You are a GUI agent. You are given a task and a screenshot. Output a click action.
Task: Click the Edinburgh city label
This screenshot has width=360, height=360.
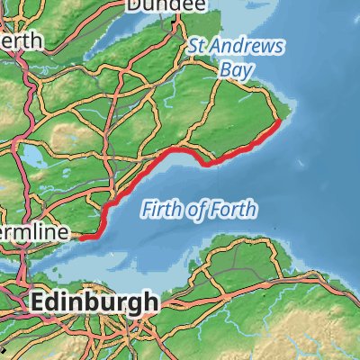94,302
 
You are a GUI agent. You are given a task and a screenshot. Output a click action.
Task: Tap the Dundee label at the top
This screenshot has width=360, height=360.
162,5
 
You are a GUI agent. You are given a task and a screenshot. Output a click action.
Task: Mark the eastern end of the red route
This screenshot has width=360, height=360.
281,120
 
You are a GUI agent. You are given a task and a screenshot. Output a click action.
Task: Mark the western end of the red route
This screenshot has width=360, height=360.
81,238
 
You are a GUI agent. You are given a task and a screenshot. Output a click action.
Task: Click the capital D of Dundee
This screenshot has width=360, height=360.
133,5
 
